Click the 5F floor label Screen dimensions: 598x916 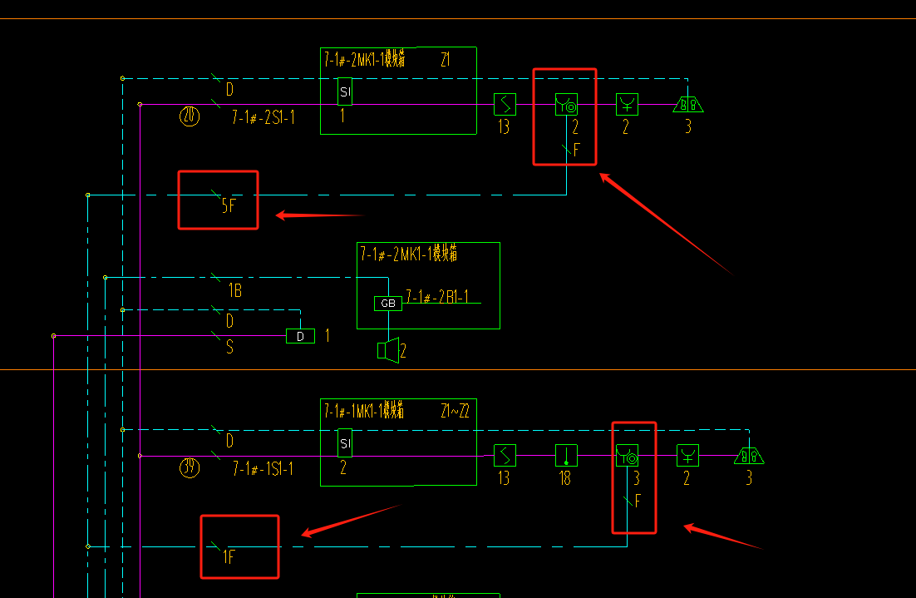coord(229,204)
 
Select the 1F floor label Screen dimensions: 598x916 coord(229,556)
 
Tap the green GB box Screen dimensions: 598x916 coord(388,304)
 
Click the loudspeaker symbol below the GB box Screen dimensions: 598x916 coord(387,351)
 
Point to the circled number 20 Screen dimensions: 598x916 coord(190,116)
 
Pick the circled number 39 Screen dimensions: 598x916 coord(190,467)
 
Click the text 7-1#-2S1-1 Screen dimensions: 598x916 coord(263,117)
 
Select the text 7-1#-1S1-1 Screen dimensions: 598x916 coord(263,469)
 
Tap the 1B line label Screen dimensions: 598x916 coord(234,291)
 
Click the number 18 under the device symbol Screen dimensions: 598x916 coord(565,478)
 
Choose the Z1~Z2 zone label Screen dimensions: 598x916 coord(456,411)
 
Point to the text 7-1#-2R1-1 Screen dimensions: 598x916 coord(437,297)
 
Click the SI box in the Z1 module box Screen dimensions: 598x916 coord(345,91)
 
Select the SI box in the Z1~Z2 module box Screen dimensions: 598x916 coord(345,443)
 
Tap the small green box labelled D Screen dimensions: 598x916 coord(300,336)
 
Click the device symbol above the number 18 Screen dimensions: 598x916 coord(566,456)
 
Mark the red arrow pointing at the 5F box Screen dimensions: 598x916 coord(320,215)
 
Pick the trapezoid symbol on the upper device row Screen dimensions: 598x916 coord(688,104)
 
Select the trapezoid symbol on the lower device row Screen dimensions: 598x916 coord(749,456)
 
